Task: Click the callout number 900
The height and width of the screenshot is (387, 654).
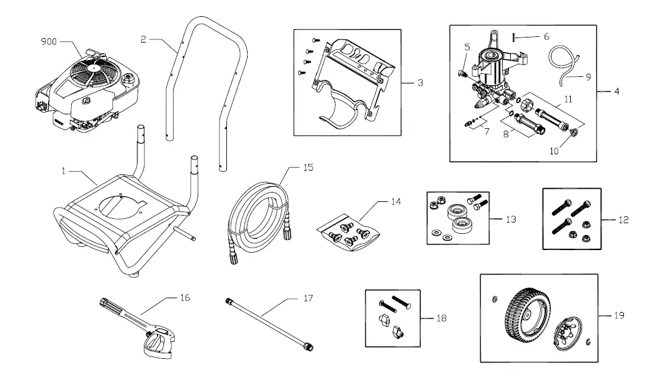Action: click(49, 42)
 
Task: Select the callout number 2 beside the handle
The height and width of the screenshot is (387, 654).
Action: click(144, 39)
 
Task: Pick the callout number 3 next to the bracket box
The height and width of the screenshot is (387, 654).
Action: click(420, 82)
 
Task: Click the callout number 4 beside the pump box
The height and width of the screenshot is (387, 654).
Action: click(616, 92)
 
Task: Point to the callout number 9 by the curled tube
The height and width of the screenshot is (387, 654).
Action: click(587, 78)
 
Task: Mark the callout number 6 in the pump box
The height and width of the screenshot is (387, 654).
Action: click(546, 37)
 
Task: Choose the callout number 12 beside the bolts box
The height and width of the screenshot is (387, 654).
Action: click(623, 220)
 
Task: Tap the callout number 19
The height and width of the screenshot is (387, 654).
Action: click(618, 316)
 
